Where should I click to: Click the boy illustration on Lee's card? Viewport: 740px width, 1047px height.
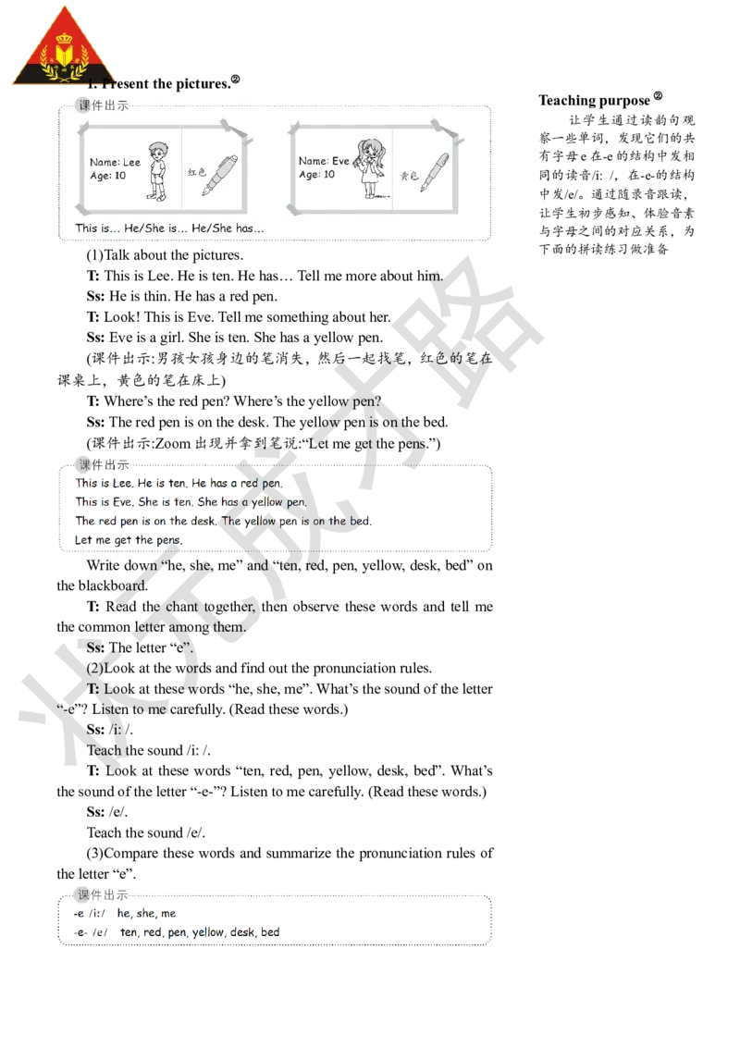pos(157,171)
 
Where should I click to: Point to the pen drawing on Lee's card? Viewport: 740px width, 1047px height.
pos(221,175)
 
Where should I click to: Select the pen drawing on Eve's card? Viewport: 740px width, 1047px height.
pos(435,172)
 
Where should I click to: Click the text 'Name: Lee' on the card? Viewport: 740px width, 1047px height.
pos(115,162)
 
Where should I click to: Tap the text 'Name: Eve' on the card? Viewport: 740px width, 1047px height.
pos(324,161)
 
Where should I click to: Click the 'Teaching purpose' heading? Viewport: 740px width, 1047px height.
pos(595,100)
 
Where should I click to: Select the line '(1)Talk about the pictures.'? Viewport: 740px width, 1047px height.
pos(165,255)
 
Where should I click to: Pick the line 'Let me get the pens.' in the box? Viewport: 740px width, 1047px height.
pos(129,539)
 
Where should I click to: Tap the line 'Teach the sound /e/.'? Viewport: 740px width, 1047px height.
pos(145,832)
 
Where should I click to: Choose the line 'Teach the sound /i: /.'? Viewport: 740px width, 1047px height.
pos(148,750)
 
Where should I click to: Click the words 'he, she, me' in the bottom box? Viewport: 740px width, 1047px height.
pos(146,913)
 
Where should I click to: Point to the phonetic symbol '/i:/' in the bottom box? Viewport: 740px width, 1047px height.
pos(97,914)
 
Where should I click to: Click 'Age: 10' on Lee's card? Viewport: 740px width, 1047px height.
pos(107,176)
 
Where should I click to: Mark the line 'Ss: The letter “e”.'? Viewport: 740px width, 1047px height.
pos(140,647)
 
